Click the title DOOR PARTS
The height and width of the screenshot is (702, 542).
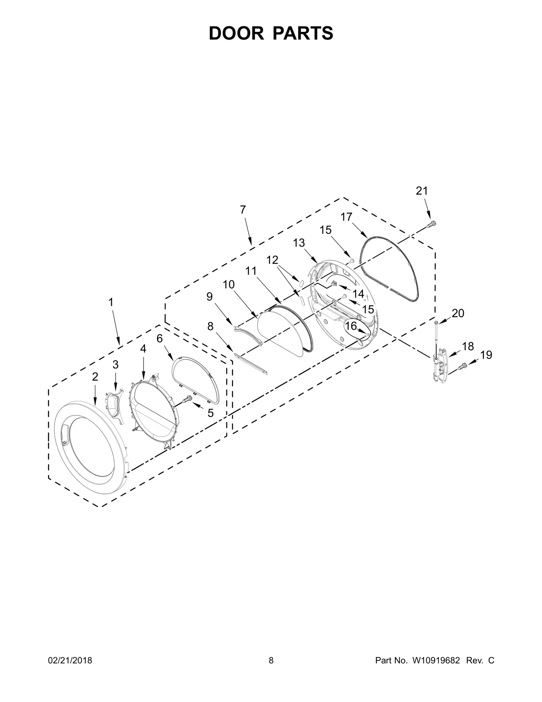pos(271,33)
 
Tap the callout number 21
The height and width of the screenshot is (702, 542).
pos(422,191)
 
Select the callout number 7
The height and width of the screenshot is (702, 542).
pos(243,210)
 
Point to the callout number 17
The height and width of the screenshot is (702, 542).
pos(347,217)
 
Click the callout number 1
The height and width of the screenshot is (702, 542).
pos(111,302)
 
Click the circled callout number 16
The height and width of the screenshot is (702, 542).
pos(351,326)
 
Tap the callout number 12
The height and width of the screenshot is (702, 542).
pos(272,260)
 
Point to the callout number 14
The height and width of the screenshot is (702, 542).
pos(358,294)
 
